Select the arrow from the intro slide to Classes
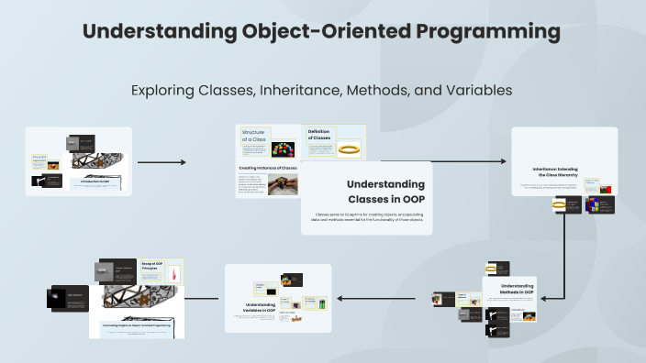pyautogui.click(x=161, y=162)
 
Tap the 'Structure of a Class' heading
pyautogui.click(x=252, y=137)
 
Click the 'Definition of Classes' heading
pyautogui.click(x=318, y=135)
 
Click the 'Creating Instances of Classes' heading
pyautogui.click(x=268, y=169)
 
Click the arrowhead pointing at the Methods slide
pyautogui.click(x=542, y=298)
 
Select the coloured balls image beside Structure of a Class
pyautogui.click(x=285, y=149)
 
